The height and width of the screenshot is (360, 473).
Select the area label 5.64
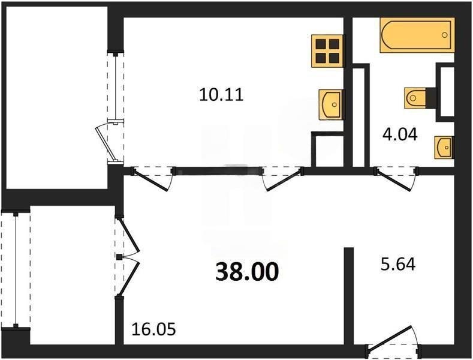coord(398,263)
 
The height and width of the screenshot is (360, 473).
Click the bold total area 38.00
coord(247,272)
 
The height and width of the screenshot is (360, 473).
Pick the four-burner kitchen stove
coord(327,50)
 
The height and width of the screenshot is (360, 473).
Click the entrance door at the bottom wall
coord(393,343)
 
